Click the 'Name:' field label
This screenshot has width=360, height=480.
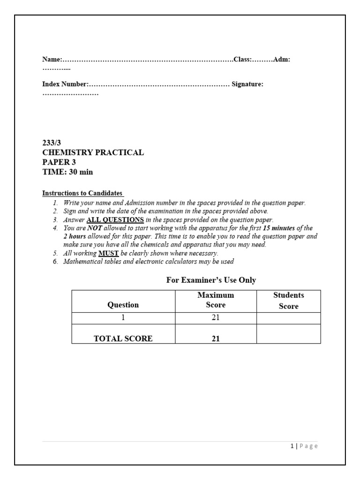[x=52, y=60]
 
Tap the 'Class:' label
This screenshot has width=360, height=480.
[x=243, y=60]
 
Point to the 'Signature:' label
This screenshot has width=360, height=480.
[x=247, y=84]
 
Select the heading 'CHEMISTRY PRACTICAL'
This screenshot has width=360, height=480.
[x=93, y=153]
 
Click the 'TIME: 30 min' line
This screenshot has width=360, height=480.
[x=67, y=172]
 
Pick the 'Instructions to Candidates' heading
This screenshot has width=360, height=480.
[x=82, y=193]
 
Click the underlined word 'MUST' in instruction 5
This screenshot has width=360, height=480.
[x=108, y=253]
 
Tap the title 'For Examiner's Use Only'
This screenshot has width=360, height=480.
[x=211, y=280]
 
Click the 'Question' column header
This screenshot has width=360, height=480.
[x=123, y=305]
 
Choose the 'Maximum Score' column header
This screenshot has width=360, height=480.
[x=216, y=300]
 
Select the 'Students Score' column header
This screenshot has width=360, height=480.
[x=288, y=300]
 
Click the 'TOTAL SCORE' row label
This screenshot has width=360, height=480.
[x=123, y=338]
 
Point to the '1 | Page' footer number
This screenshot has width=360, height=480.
[x=304, y=446]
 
